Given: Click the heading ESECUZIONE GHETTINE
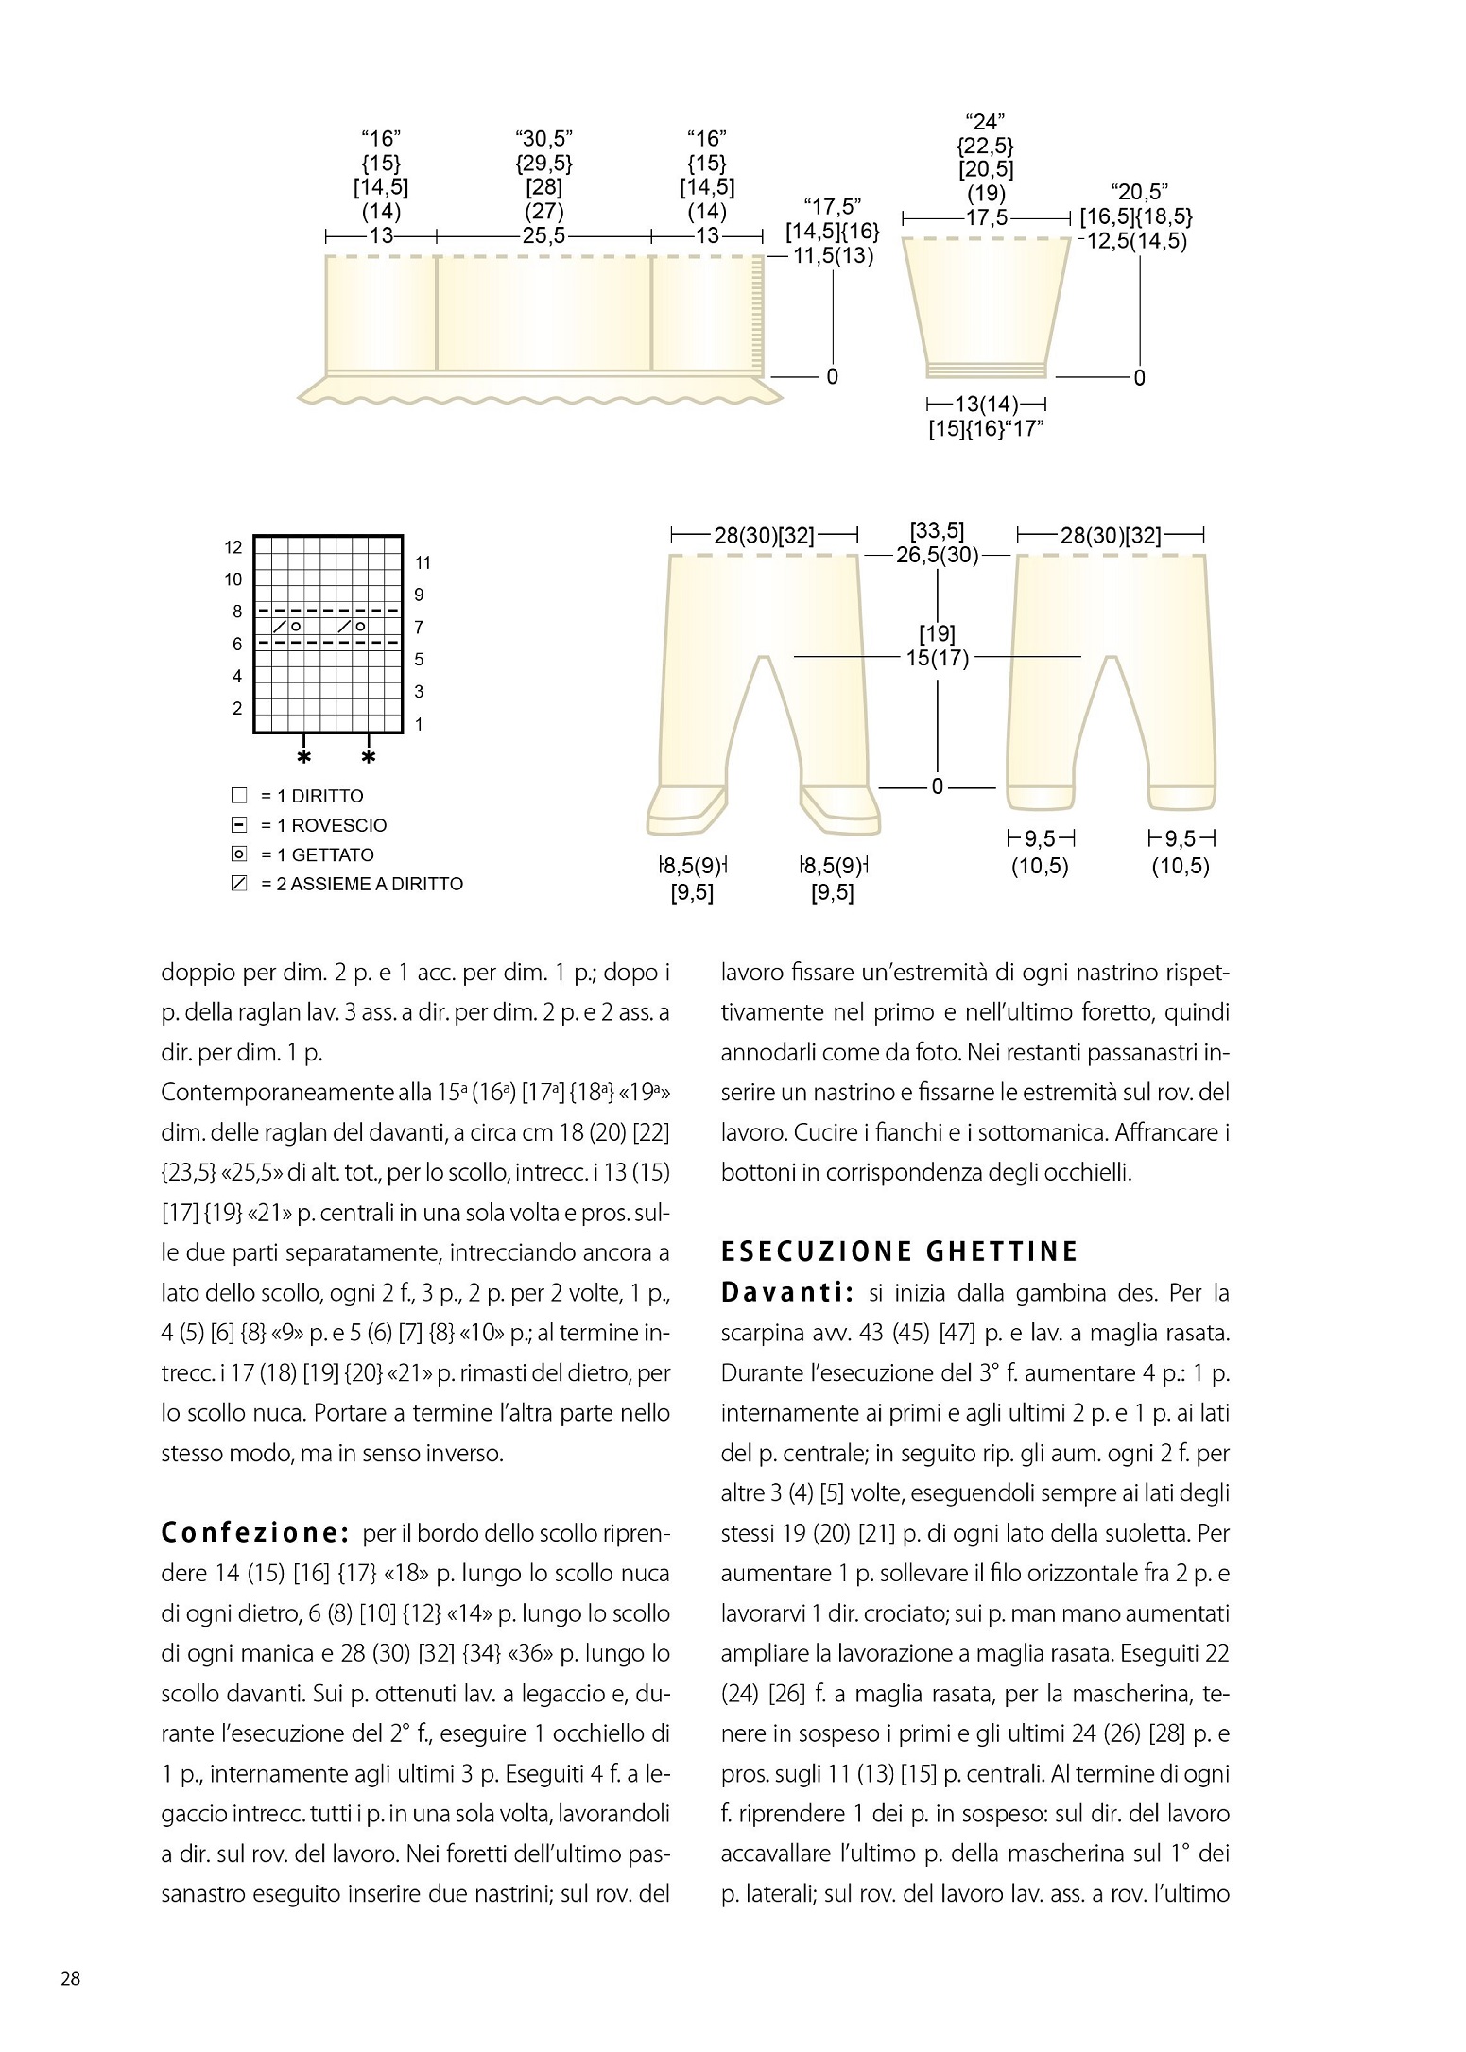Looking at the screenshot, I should [x=899, y=1251].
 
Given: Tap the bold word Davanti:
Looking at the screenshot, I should [x=787, y=1292].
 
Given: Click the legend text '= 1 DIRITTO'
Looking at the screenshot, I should [x=312, y=796].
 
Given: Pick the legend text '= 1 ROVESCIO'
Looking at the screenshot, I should [x=324, y=825].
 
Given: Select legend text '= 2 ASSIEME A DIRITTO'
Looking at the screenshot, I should [x=362, y=885].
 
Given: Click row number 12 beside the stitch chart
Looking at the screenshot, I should [x=233, y=547].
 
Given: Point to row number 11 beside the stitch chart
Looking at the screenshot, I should [x=423, y=563].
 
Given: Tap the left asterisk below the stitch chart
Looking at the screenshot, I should [x=303, y=758].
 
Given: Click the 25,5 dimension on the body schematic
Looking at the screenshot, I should [x=543, y=236].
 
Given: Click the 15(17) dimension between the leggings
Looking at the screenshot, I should [x=938, y=657].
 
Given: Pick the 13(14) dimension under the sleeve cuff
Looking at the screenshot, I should [x=987, y=405].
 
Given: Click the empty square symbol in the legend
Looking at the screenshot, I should [x=238, y=796].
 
